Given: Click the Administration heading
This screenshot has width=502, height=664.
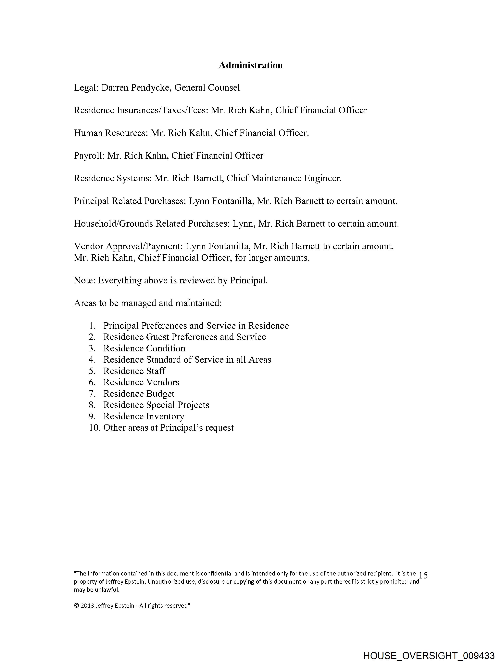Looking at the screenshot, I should (x=251, y=65).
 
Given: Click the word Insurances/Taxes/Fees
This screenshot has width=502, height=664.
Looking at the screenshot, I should (x=162, y=110).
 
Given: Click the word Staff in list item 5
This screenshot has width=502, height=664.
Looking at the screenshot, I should (x=156, y=371).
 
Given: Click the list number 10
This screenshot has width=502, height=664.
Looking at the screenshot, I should (x=94, y=428).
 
